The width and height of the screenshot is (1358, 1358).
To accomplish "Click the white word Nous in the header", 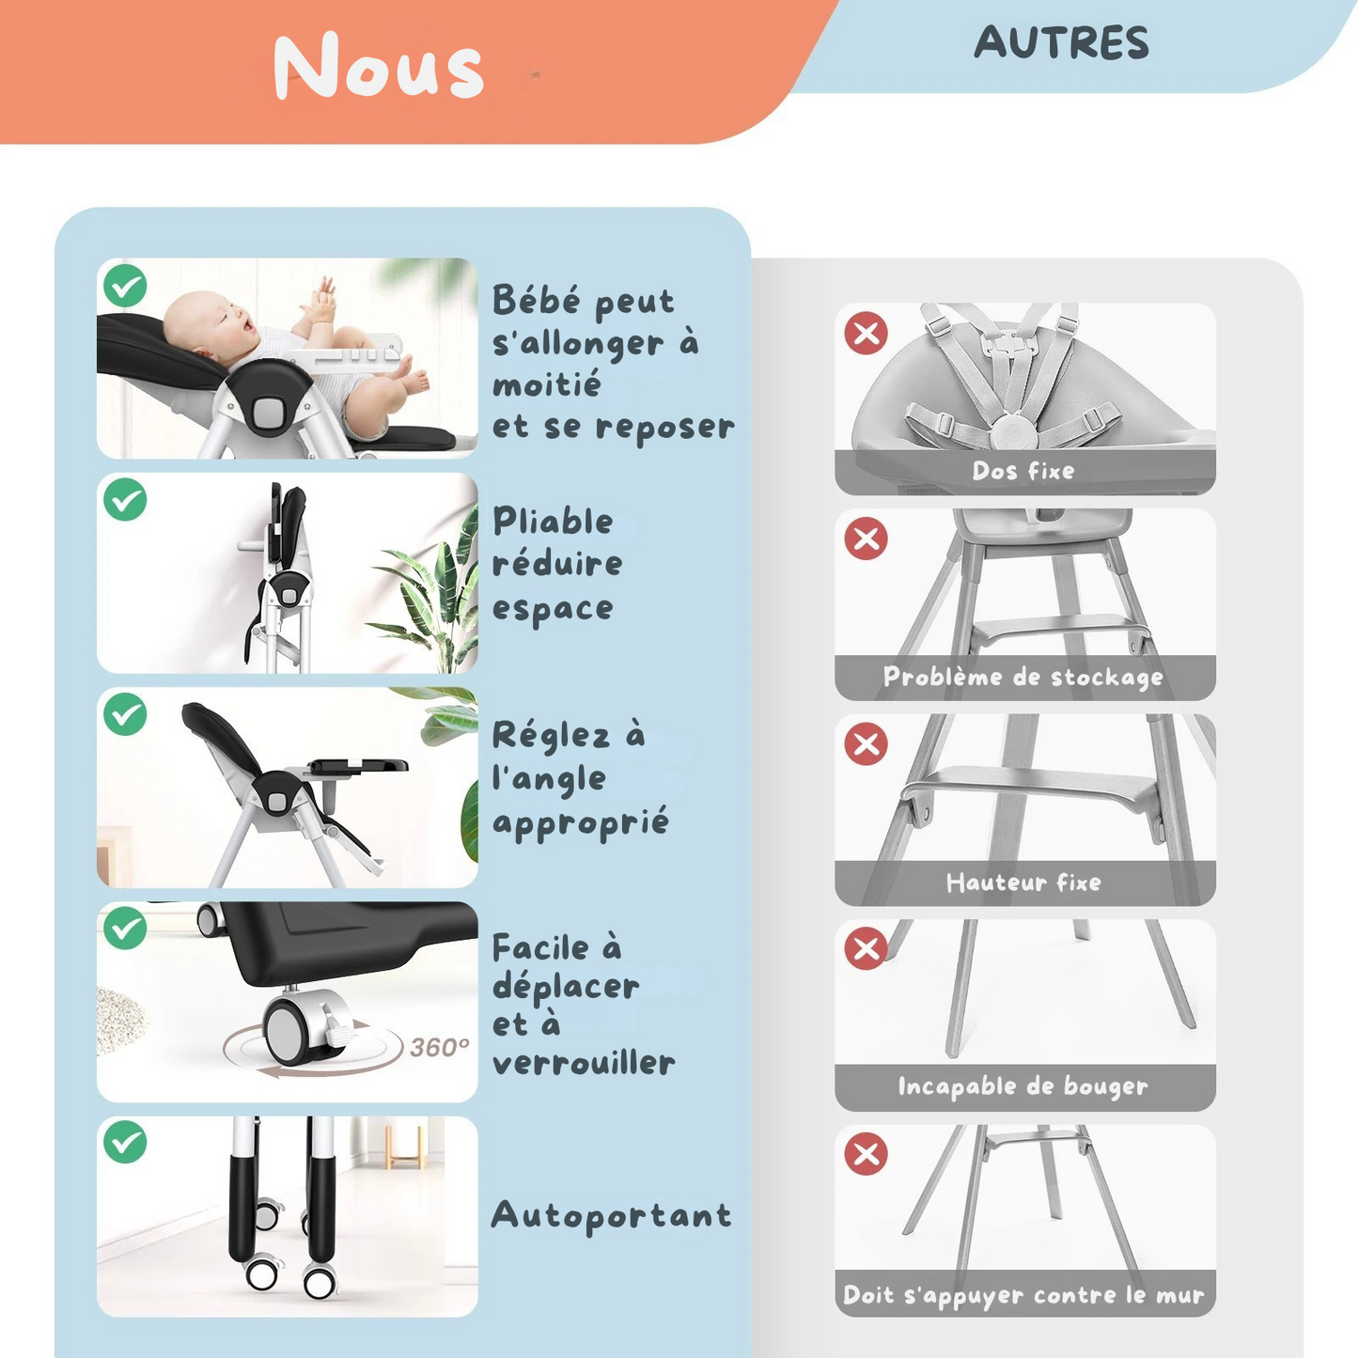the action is tap(379, 67).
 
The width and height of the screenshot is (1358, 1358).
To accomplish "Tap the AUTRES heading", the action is tap(1061, 43).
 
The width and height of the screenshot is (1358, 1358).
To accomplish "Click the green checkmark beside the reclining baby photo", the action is tap(125, 286).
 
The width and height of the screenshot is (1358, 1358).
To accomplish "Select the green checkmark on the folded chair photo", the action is tap(125, 500).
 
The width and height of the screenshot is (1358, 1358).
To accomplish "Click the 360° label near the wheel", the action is tap(439, 1047).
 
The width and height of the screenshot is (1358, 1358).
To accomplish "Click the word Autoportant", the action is tap(611, 1216).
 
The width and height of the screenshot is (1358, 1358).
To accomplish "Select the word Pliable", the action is tap(553, 522).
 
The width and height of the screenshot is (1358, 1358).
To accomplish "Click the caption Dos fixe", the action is tap(1023, 471).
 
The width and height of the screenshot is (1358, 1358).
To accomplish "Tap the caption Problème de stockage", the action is tap(1023, 678).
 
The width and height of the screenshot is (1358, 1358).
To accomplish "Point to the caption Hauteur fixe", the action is tap(1023, 882).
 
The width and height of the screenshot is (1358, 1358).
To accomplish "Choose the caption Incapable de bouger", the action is tap(1023, 1086).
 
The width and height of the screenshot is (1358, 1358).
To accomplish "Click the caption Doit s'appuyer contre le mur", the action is tap(1023, 1295).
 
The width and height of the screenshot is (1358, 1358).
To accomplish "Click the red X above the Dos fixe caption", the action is tap(866, 334).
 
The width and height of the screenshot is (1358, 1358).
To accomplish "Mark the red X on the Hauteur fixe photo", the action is tap(866, 743).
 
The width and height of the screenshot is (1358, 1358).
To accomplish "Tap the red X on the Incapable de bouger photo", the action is tap(866, 948).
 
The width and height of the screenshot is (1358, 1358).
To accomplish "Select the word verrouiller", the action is tap(584, 1063).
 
